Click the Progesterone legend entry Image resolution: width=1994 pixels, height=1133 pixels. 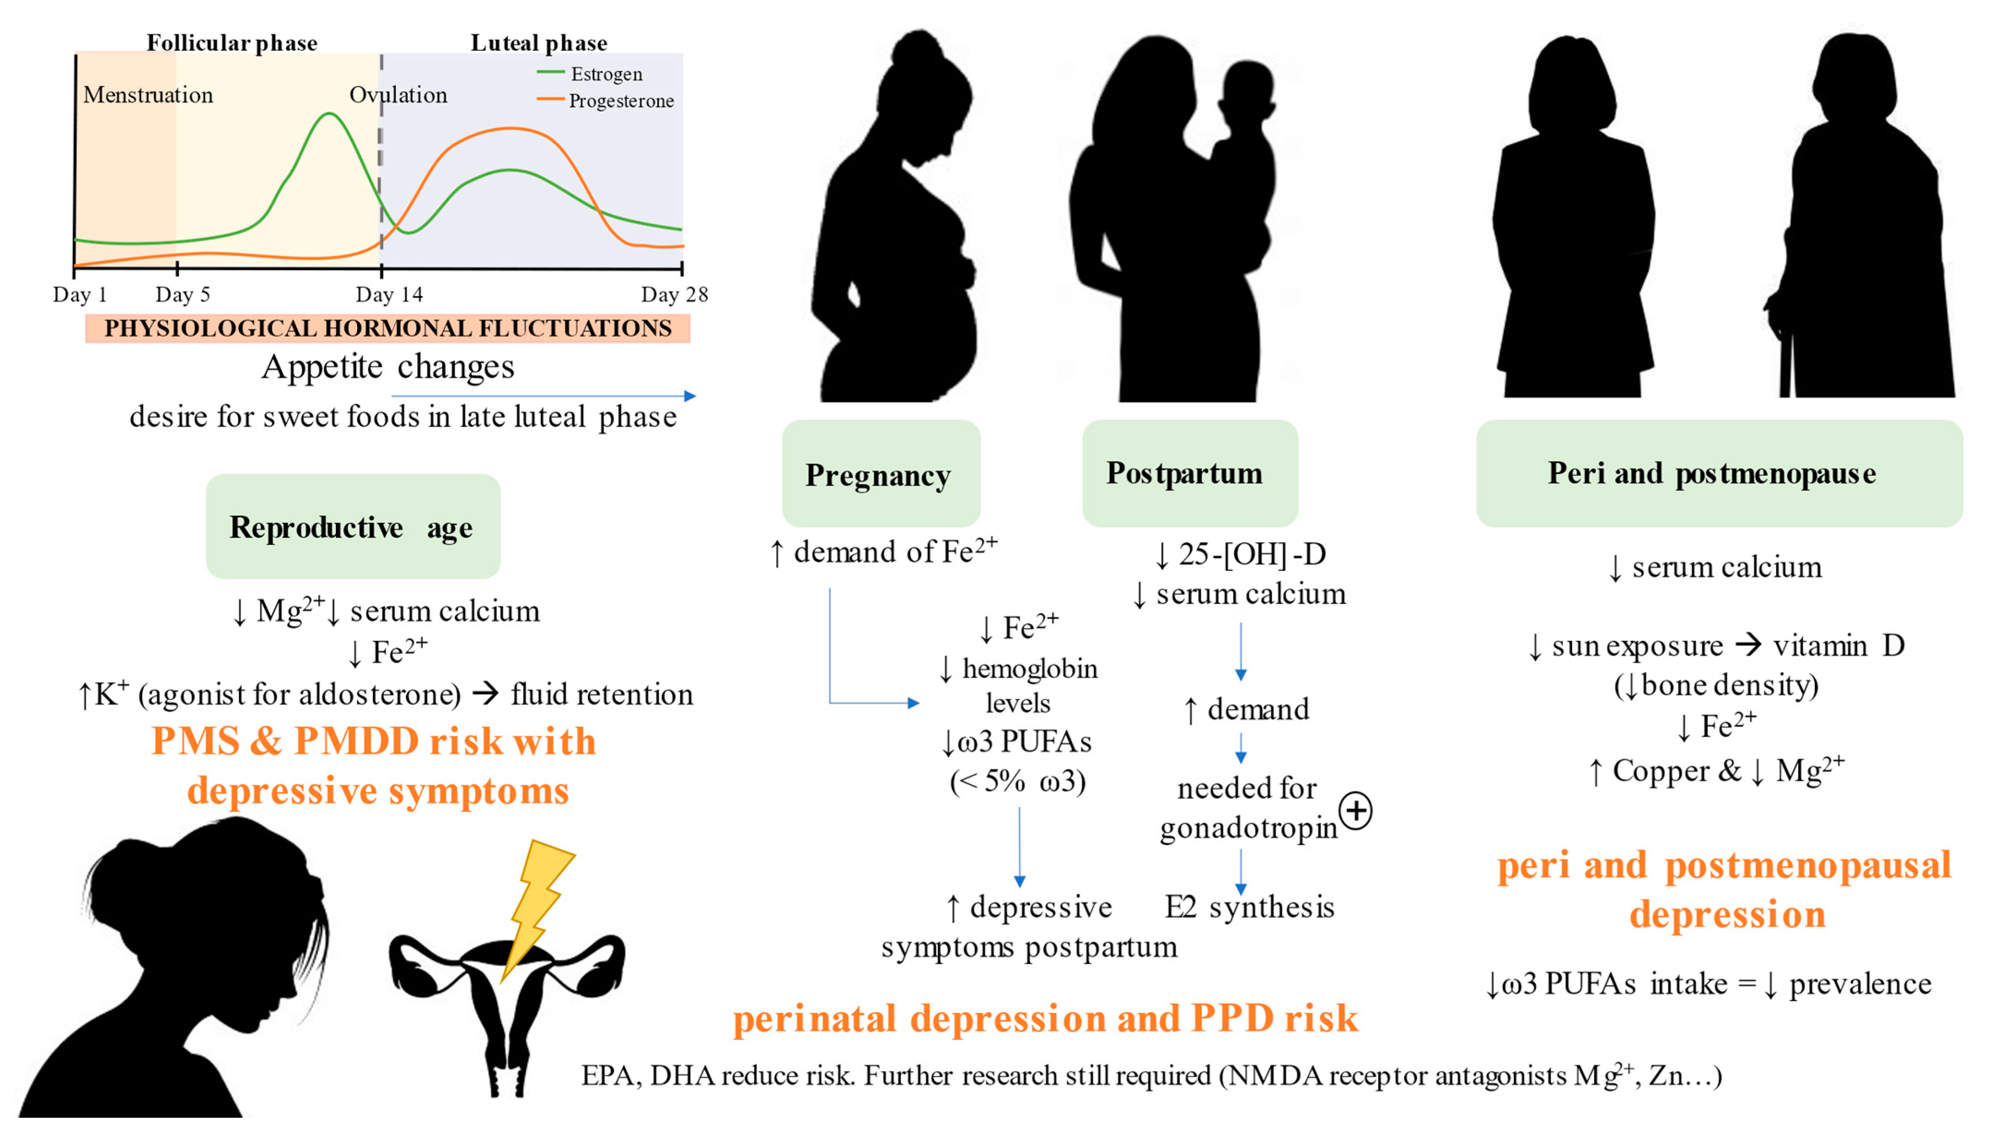[620, 101]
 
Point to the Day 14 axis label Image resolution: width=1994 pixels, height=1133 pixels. [389, 295]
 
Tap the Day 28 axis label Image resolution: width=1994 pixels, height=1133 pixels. [674, 295]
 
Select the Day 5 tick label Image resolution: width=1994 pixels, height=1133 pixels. [182, 295]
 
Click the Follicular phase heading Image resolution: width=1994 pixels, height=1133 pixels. [232, 43]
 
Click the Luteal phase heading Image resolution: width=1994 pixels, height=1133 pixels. [539, 43]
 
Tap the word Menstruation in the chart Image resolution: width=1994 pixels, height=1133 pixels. [148, 95]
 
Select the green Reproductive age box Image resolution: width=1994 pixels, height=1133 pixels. [353, 527]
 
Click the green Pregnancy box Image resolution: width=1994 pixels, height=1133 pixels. [880, 474]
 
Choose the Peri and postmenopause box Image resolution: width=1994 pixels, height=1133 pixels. [1718, 473]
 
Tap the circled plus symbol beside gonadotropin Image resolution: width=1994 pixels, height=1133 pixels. [1356, 812]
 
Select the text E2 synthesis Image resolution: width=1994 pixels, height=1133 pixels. [1249, 907]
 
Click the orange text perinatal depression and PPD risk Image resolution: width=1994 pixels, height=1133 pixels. [1045, 1019]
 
